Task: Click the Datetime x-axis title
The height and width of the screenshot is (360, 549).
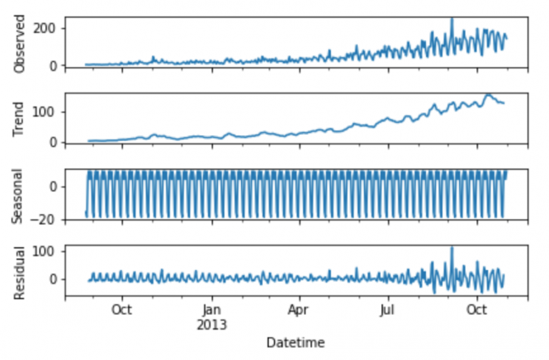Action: tap(296, 343)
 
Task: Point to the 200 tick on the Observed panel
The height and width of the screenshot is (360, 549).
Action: tap(50, 29)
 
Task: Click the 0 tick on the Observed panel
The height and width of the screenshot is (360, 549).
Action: tap(56, 66)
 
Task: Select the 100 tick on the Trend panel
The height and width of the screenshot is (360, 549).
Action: tap(50, 112)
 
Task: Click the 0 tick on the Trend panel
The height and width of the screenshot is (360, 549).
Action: tap(56, 142)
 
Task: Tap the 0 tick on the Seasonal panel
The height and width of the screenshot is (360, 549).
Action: tap(56, 187)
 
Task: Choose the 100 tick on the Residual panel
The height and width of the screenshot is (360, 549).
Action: tap(50, 251)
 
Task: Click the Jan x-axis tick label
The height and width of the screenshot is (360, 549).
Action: tap(211, 311)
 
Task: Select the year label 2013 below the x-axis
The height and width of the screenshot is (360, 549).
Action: tap(212, 324)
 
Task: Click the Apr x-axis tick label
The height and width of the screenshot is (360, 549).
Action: tap(300, 311)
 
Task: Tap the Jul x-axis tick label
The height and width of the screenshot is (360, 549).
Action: tap(387, 311)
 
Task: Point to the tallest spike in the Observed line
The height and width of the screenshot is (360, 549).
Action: tap(452, 19)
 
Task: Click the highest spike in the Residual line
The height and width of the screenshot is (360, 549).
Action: tap(452, 248)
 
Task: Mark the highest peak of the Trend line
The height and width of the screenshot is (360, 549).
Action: tap(488, 94)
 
